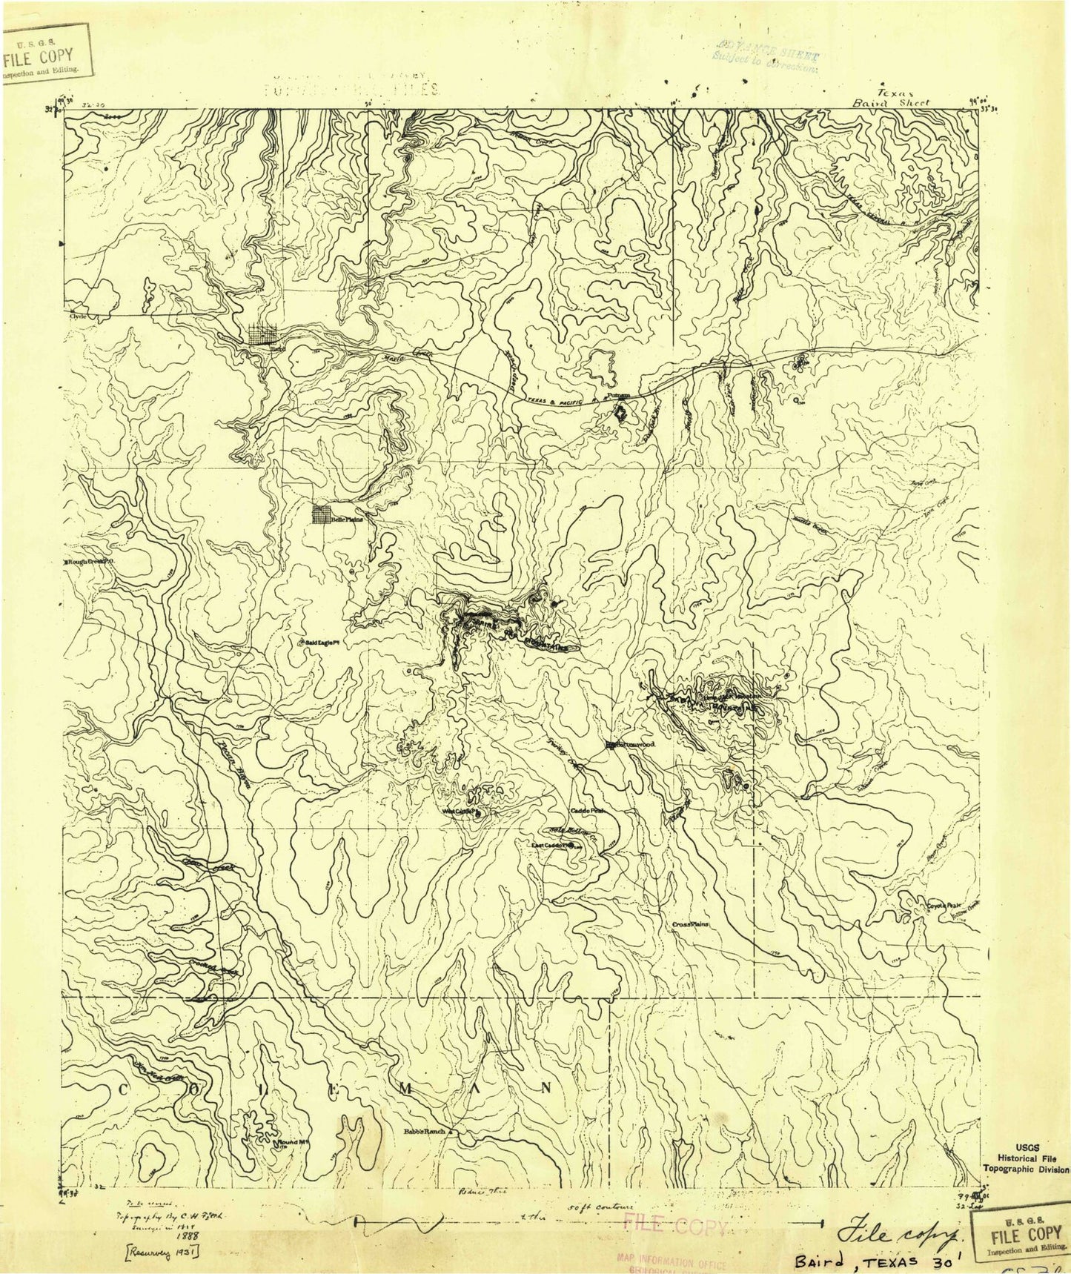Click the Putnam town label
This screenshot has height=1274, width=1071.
[619, 397]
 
